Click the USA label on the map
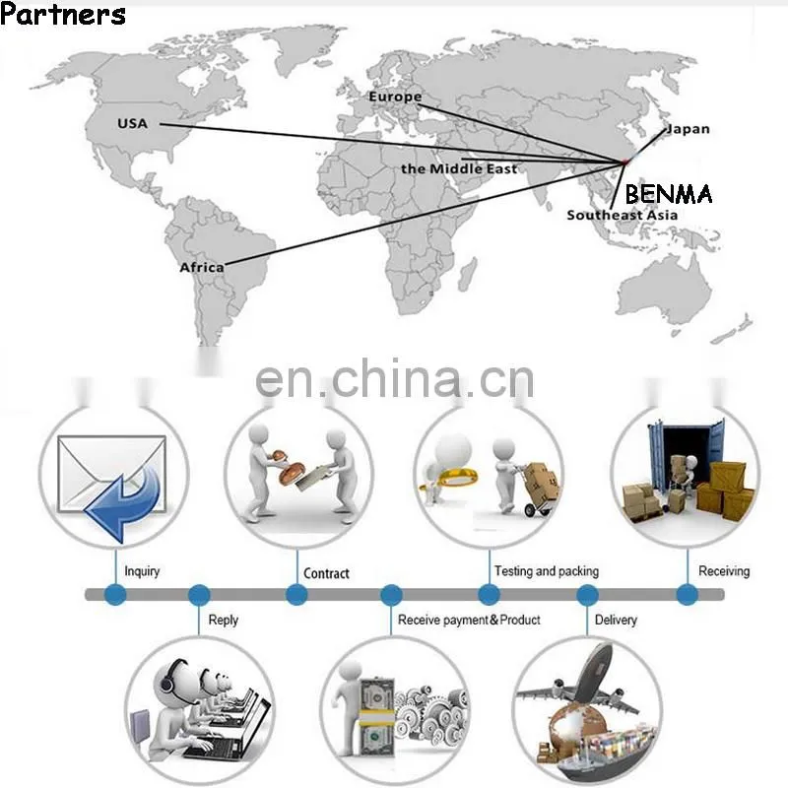pyautogui.click(x=132, y=123)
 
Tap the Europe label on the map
pyautogui.click(x=395, y=97)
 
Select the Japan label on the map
pyautogui.click(x=688, y=129)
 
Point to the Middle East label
pyautogui.click(x=459, y=168)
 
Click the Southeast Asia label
pyautogui.click(x=623, y=215)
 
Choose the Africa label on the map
pyautogui.click(x=202, y=267)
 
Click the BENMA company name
pyautogui.click(x=669, y=193)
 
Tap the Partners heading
pyautogui.click(x=63, y=14)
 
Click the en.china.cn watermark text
pyautogui.click(x=395, y=378)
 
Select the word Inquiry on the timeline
pyautogui.click(x=142, y=571)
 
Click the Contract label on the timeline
pyautogui.click(x=326, y=573)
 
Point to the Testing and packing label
pyautogui.click(x=547, y=571)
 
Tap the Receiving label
pyautogui.click(x=724, y=571)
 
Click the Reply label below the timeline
pyautogui.click(x=224, y=621)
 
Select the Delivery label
pyautogui.click(x=616, y=620)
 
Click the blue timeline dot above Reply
pyautogui.click(x=199, y=595)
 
